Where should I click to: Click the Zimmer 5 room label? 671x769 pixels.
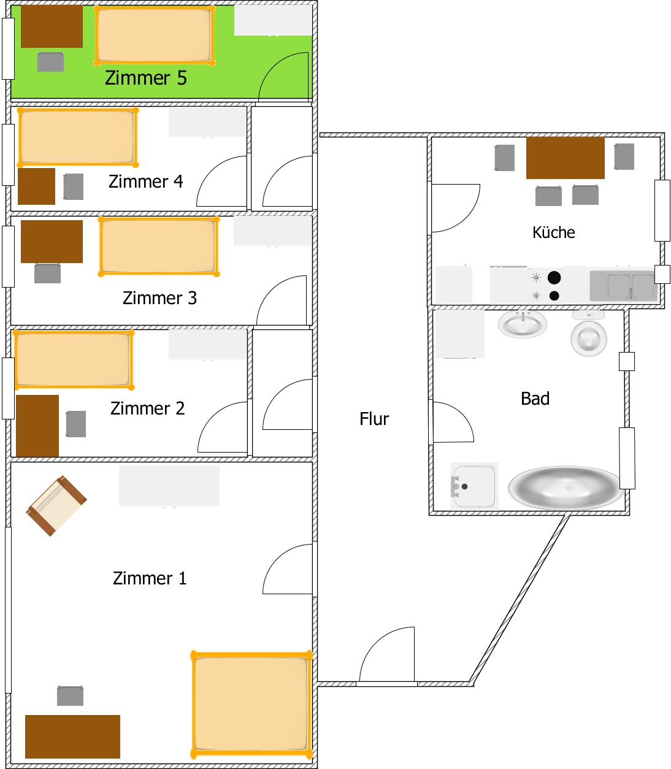click(x=146, y=78)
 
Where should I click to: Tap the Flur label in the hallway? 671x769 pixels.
click(x=374, y=419)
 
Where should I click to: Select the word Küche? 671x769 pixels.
click(x=554, y=232)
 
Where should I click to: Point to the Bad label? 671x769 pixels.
click(x=535, y=399)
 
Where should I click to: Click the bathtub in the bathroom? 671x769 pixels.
click(x=566, y=488)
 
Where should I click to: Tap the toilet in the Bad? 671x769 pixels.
click(x=589, y=334)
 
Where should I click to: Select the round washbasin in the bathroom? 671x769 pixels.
click(x=523, y=324)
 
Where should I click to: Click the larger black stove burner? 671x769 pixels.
click(x=554, y=278)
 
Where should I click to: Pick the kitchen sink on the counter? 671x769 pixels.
click(x=623, y=286)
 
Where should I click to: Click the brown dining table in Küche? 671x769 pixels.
click(x=566, y=158)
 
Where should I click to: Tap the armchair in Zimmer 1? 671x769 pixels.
click(x=56, y=505)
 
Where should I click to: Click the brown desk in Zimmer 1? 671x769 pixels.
click(x=72, y=736)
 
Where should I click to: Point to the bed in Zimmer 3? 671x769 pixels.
click(x=159, y=247)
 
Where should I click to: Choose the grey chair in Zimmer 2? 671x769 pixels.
click(x=76, y=424)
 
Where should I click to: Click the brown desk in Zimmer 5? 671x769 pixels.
click(x=52, y=26)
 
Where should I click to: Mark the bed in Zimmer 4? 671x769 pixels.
click(x=78, y=137)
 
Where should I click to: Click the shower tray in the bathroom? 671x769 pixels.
click(x=474, y=486)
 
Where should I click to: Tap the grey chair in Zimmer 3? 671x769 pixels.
click(x=47, y=274)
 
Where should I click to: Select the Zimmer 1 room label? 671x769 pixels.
click(x=150, y=578)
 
